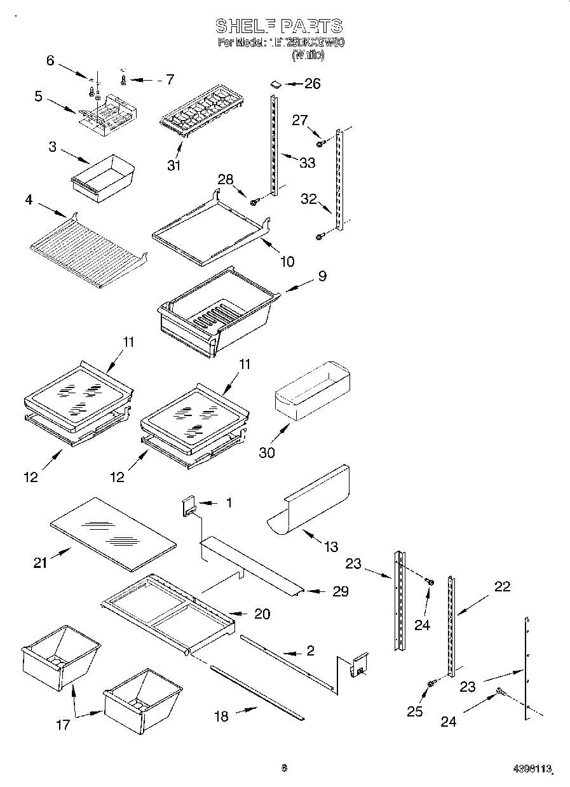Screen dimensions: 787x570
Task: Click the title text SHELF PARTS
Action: [279, 26]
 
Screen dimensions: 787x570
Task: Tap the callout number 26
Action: [312, 83]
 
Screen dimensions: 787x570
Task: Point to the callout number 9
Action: [322, 277]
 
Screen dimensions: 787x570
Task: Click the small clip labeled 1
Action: [189, 507]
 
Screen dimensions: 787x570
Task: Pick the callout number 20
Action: [261, 614]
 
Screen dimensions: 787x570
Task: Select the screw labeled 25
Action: [430, 683]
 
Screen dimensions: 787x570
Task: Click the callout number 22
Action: [502, 586]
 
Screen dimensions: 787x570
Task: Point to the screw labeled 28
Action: [254, 202]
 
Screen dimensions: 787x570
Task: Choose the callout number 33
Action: [307, 163]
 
